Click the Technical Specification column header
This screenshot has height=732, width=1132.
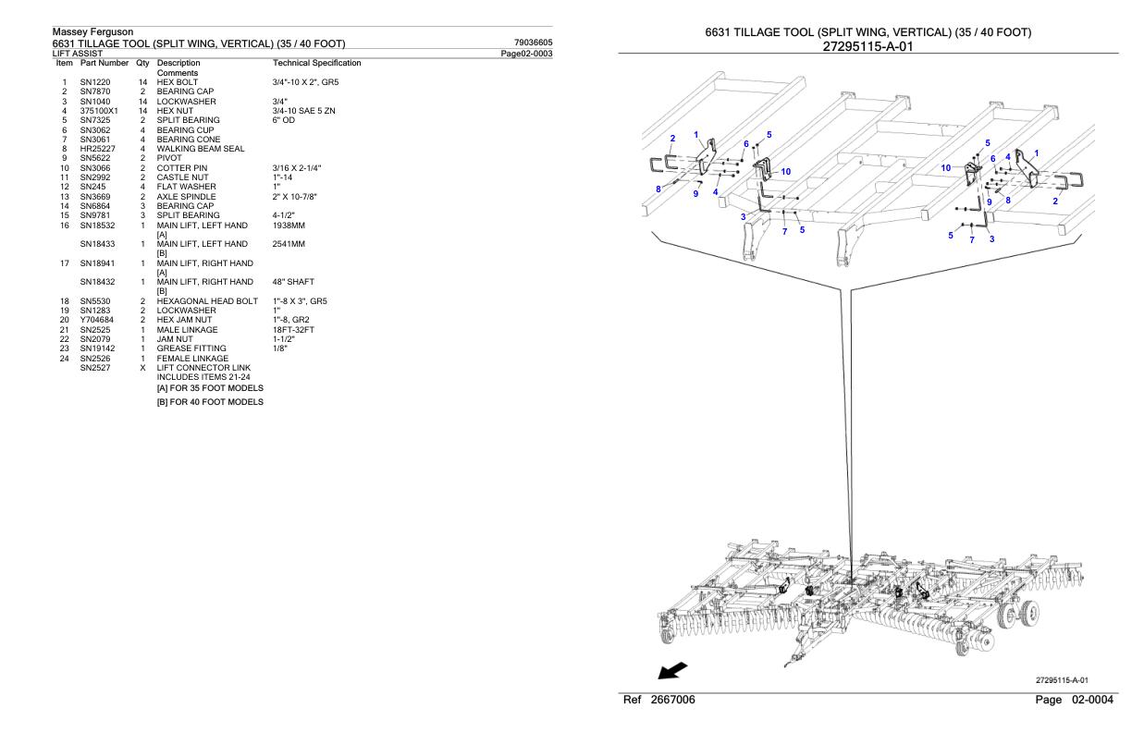[316, 63]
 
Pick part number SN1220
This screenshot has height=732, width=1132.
[96, 82]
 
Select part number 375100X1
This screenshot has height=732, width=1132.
[99, 111]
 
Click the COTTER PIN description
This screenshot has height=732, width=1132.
[182, 168]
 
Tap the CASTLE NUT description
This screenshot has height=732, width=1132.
[182, 177]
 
